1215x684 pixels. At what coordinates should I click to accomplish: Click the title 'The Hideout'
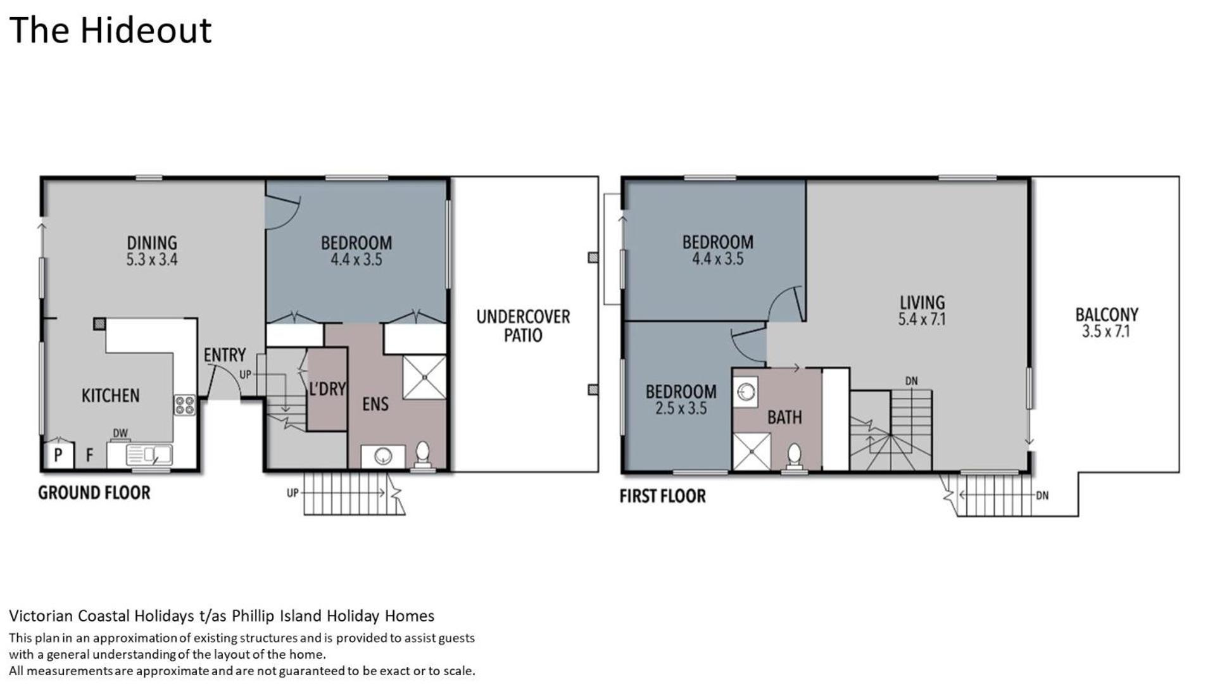point(110,30)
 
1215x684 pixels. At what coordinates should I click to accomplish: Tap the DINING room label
point(152,243)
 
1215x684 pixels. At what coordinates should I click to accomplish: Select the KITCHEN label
point(110,396)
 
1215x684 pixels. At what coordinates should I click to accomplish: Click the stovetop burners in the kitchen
point(185,405)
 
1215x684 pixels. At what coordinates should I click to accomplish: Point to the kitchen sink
point(149,455)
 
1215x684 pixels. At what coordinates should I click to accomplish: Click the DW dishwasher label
point(120,433)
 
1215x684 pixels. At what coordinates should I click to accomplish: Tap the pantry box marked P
point(58,455)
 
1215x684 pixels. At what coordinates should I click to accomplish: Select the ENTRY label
point(225,355)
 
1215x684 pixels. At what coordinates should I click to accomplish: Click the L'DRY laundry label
point(327,388)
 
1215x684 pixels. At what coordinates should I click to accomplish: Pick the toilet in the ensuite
point(422,452)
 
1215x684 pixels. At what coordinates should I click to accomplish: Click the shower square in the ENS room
point(424,377)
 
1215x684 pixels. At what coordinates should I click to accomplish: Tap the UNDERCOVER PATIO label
point(523,326)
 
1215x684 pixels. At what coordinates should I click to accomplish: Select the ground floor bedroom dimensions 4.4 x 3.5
point(356,259)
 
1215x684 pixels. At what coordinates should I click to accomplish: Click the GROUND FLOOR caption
point(94,493)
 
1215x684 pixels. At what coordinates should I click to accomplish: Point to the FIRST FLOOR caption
point(662,496)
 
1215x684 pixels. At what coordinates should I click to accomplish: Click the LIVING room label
point(922,303)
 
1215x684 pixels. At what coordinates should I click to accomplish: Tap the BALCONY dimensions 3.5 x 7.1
point(1106,331)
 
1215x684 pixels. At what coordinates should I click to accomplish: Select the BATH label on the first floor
point(784,417)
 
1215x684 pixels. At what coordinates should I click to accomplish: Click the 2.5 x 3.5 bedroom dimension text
point(681,408)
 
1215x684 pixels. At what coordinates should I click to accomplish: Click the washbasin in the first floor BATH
point(746,391)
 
